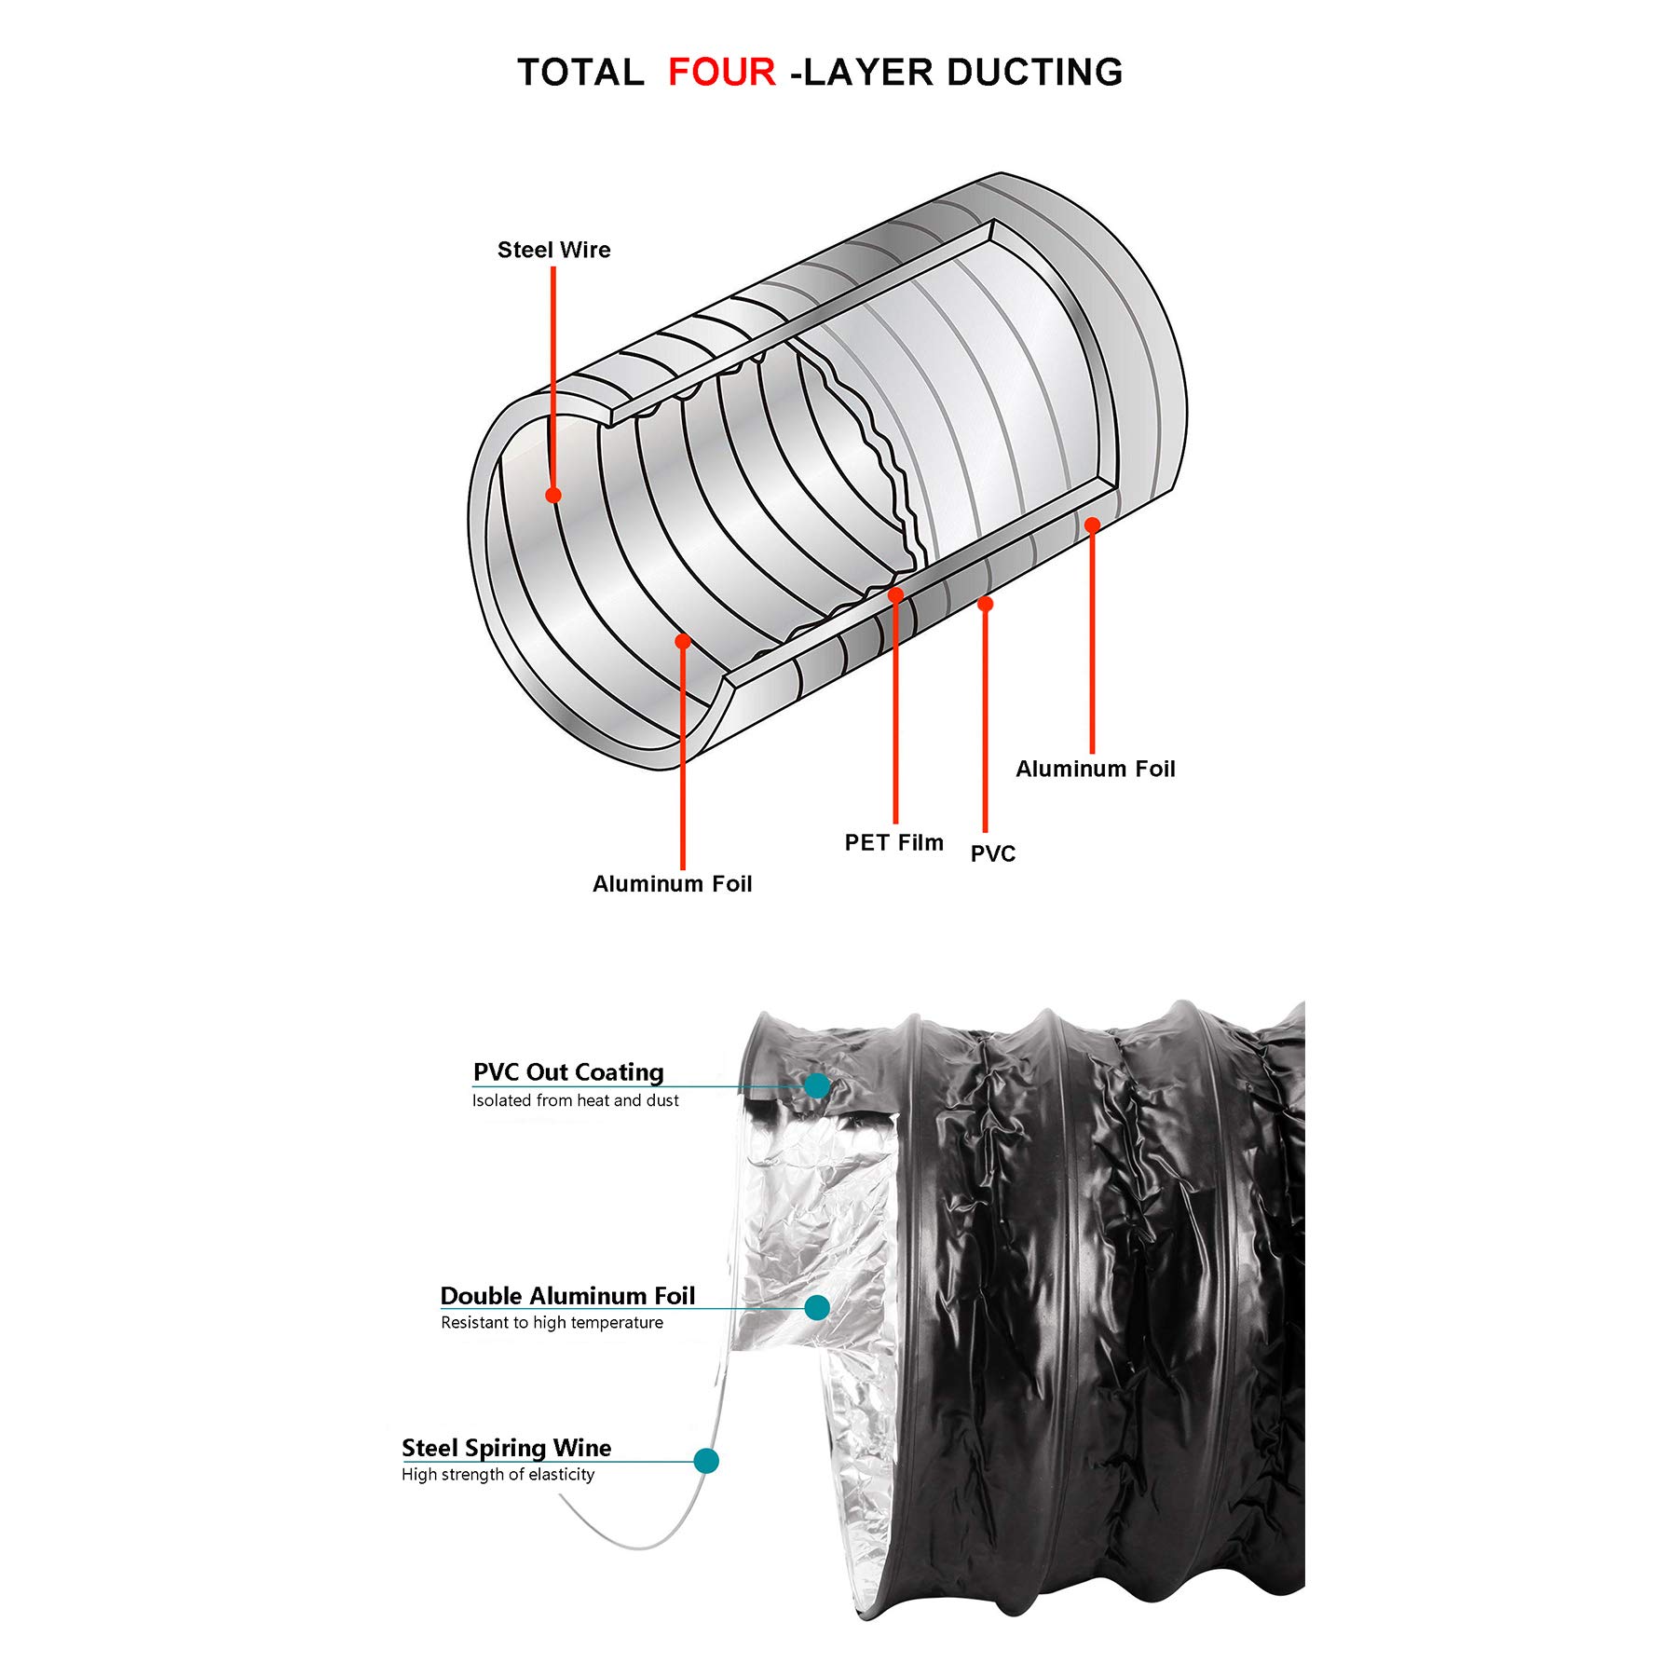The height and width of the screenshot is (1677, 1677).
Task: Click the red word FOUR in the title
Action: [x=721, y=73]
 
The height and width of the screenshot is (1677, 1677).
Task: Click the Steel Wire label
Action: [x=553, y=250]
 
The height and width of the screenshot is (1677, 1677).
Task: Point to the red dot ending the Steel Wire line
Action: [x=553, y=495]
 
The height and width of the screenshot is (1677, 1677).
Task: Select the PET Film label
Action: [x=893, y=842]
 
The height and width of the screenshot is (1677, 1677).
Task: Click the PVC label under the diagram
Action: [x=992, y=853]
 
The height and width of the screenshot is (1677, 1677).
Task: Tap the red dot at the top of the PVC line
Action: [x=985, y=605]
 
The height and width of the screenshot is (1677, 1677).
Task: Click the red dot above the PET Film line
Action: [x=895, y=594]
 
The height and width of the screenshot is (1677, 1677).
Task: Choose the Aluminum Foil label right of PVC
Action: [x=1095, y=769]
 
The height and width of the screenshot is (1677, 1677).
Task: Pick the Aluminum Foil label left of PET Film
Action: [x=672, y=883]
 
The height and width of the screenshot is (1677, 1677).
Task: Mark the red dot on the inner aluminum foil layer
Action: [x=683, y=641]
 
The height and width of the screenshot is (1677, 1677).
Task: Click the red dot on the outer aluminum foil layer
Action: [x=1092, y=525]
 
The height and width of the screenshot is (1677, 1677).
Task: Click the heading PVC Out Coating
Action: [x=568, y=1071]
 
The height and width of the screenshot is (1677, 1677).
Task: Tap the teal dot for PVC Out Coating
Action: [x=817, y=1085]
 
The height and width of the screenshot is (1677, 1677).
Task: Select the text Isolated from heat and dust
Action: [x=575, y=1100]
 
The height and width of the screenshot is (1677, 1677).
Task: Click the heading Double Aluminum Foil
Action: [x=567, y=1295]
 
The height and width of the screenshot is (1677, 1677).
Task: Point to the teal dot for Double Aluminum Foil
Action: [x=817, y=1308]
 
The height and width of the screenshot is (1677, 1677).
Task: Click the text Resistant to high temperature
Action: [x=552, y=1323]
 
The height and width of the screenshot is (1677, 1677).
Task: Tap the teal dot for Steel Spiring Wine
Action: [x=706, y=1460]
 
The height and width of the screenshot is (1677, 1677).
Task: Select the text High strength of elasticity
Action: [x=498, y=1475]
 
